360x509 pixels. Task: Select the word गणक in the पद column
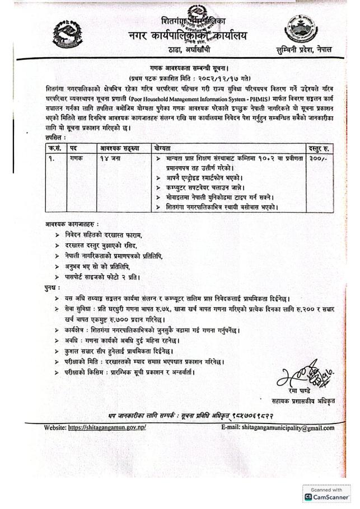(x=77, y=159)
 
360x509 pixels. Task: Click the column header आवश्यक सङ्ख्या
(x=120, y=148)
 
